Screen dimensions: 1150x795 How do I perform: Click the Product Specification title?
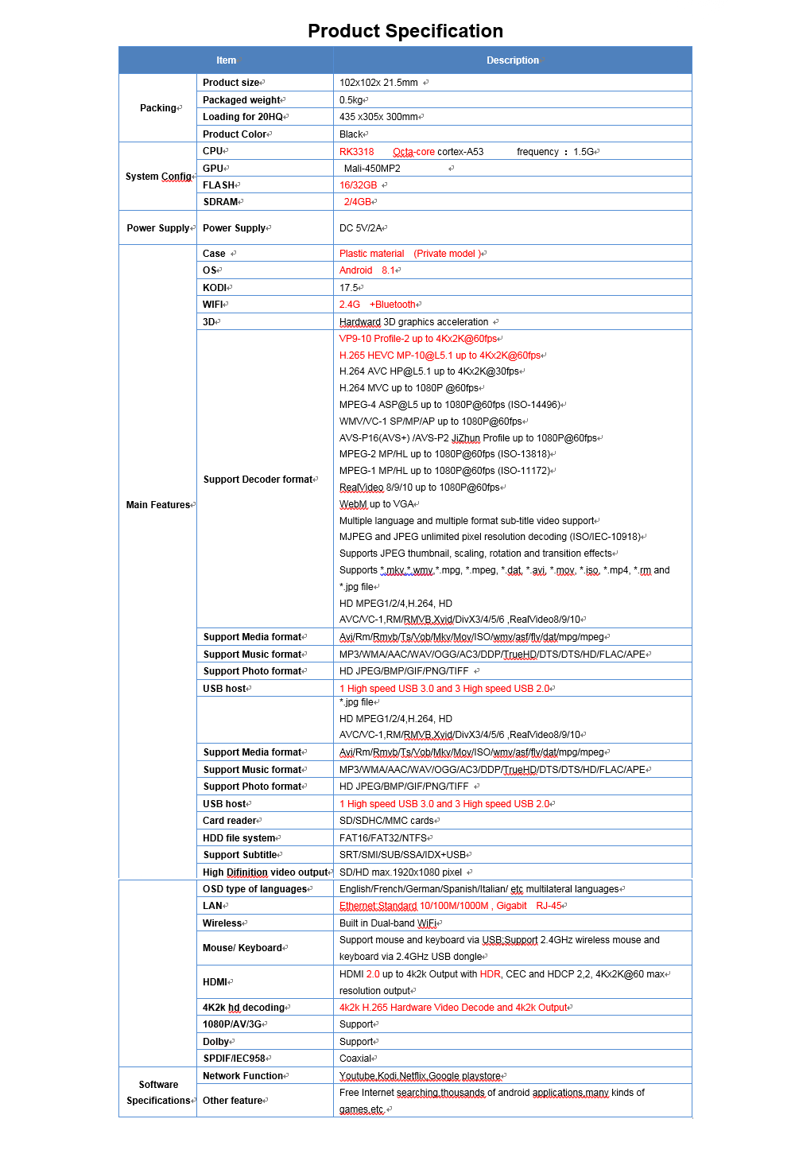(x=405, y=31)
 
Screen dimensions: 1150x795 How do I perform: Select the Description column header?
(x=512, y=60)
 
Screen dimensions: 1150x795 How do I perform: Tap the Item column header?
(x=226, y=60)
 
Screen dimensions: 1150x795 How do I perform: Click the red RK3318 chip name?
(x=356, y=152)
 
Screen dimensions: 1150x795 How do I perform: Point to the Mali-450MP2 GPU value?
(x=372, y=169)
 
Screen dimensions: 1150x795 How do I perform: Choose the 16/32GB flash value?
(x=358, y=185)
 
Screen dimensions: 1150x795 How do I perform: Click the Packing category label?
(x=158, y=108)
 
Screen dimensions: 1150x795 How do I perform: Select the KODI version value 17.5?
(x=349, y=288)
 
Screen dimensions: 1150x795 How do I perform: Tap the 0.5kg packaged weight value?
(x=351, y=100)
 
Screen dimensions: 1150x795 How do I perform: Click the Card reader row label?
(x=230, y=821)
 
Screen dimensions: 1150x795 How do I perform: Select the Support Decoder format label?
(x=258, y=480)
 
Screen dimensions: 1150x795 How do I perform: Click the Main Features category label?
(x=158, y=505)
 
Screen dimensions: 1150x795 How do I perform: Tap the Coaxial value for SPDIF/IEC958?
(x=355, y=1059)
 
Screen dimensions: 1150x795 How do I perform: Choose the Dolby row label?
(x=216, y=1042)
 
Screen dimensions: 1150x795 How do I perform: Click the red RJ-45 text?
(x=549, y=906)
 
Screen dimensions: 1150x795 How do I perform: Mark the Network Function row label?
(x=243, y=1076)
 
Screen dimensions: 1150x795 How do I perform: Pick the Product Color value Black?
(x=351, y=134)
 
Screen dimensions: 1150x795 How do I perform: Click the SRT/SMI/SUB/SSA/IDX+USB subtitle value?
(x=402, y=855)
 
